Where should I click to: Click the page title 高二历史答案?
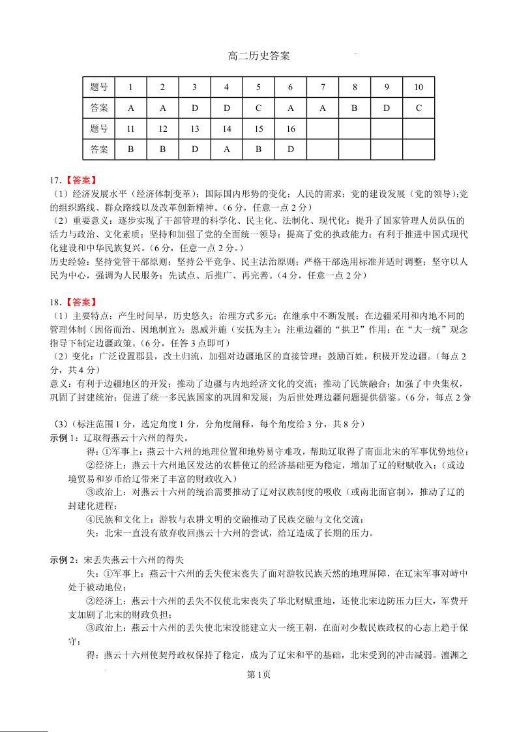click(x=259, y=56)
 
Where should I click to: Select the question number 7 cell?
click(x=323, y=87)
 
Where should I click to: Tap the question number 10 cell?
click(x=419, y=87)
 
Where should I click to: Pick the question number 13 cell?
click(x=195, y=129)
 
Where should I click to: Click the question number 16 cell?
click(x=291, y=129)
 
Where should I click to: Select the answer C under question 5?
click(x=259, y=108)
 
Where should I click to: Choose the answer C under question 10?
click(x=419, y=108)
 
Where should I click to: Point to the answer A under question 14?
click(x=227, y=149)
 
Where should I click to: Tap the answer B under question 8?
click(x=355, y=108)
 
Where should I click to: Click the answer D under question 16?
click(x=291, y=149)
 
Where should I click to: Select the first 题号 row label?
click(x=99, y=87)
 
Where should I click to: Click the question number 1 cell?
click(x=131, y=87)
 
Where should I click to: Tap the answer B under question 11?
click(x=131, y=149)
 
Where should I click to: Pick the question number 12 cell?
click(x=163, y=129)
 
